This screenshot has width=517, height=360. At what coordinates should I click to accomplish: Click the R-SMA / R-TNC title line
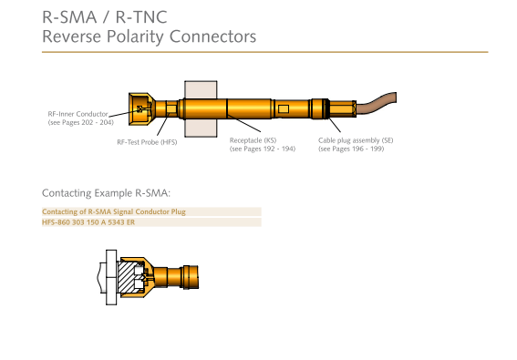click(105, 17)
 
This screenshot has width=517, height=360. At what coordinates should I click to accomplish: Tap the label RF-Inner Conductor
click(78, 114)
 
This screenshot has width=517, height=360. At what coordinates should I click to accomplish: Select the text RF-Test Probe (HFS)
click(147, 142)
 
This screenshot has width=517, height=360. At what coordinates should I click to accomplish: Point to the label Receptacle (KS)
click(253, 140)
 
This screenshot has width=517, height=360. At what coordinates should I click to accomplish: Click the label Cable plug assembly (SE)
click(356, 140)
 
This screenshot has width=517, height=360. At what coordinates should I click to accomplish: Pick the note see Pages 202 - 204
click(81, 123)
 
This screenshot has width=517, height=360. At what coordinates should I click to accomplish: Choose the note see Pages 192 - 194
click(263, 149)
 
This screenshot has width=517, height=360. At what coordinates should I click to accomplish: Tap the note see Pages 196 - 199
click(351, 149)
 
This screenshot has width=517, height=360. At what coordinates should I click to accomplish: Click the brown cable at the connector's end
click(376, 104)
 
